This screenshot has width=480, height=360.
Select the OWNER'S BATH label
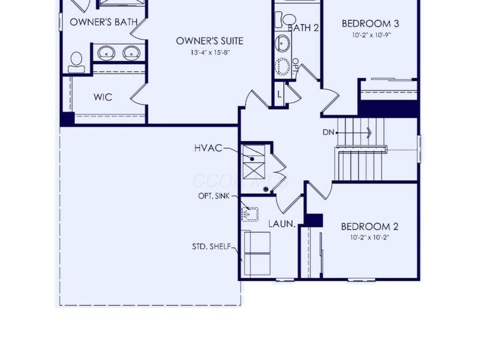coord(103,22)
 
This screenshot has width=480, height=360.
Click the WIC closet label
coord(103,97)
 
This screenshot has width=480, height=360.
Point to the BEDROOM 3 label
coord(370,24)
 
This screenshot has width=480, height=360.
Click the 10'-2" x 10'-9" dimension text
coord(370,35)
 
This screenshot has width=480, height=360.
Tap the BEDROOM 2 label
coord(370,227)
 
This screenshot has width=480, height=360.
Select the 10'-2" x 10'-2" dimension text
coord(370,238)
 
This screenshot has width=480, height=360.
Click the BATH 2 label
coord(303,28)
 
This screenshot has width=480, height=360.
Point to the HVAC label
coord(208,148)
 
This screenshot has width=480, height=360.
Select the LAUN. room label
coord(281,224)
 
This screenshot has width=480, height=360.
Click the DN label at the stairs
coord(328,131)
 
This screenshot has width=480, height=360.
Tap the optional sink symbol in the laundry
coord(250,212)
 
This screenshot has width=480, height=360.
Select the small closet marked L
coord(280,94)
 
